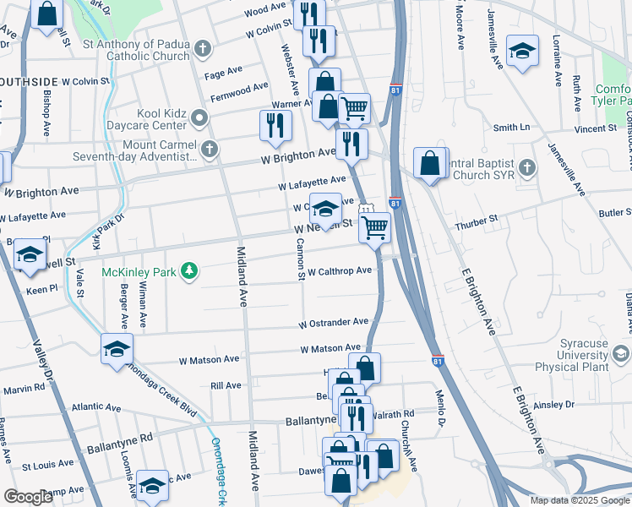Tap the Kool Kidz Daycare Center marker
199,117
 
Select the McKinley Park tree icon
192,270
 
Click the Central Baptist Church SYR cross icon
527,167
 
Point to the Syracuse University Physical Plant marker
622,353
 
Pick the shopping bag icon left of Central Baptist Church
430,162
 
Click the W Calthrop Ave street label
340,271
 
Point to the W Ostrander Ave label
334,323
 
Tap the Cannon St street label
300,259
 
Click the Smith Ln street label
511,128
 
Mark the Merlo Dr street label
440,411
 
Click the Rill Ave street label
226,385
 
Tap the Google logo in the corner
29,497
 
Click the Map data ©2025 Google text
579,500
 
